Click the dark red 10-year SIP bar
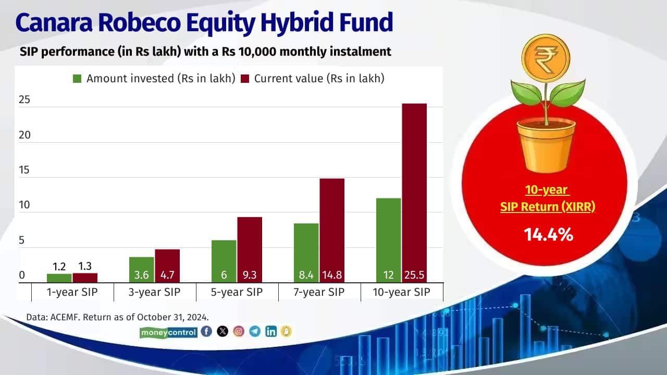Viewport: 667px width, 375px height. coord(414,187)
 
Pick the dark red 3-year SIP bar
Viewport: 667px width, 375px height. coord(167,263)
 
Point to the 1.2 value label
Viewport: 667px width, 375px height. coord(59,267)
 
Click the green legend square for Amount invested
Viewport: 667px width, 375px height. coord(77,79)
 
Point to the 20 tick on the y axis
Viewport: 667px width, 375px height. coord(24,135)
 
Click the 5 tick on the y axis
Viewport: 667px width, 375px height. coord(22,241)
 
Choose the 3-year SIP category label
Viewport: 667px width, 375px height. coord(155,292)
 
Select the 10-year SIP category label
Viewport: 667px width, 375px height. coord(402,292)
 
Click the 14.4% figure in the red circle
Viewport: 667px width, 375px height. coord(548,235)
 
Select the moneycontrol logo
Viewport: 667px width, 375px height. coord(169,332)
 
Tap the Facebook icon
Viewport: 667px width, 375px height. coord(206,331)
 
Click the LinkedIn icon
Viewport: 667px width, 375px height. coord(271,331)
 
